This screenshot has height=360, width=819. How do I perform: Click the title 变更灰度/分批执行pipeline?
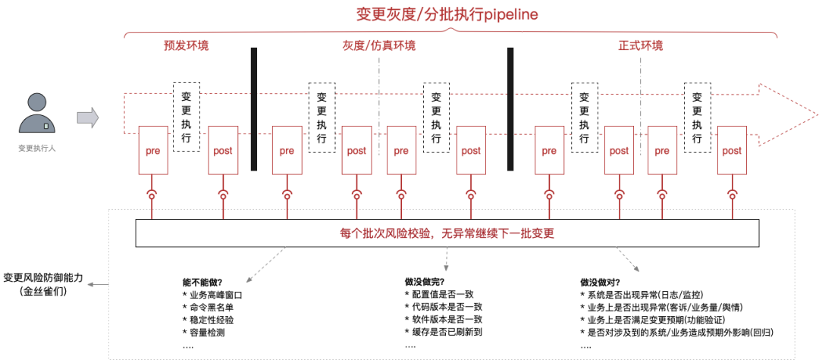[447, 14]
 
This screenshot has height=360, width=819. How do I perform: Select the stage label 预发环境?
[186, 45]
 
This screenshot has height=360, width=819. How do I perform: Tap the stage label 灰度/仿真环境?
[378, 45]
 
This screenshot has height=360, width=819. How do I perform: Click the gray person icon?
[36, 114]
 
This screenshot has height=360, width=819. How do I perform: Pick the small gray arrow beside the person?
[88, 117]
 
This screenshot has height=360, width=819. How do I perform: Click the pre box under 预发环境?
[152, 151]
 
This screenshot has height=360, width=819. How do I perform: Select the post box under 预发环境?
[222, 151]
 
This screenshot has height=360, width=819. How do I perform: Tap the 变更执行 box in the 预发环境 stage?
[187, 117]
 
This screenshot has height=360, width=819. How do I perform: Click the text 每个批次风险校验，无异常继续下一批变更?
[447, 233]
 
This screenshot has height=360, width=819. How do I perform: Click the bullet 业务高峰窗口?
[217, 295]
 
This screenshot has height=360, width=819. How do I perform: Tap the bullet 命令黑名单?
[212, 307]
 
